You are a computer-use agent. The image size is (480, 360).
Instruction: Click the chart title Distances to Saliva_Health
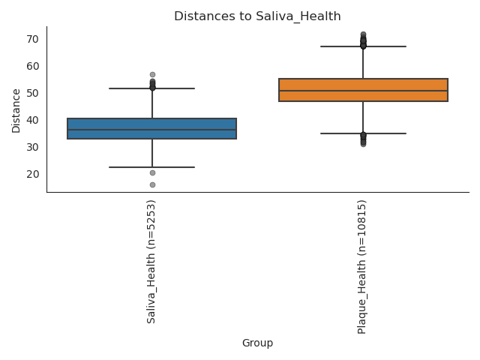[257, 16]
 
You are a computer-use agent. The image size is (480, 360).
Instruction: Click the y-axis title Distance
[16, 109]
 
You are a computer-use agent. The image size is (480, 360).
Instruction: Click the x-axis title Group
[257, 343]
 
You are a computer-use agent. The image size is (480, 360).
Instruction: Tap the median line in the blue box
[152, 130]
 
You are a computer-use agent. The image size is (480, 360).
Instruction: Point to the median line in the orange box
[363, 91]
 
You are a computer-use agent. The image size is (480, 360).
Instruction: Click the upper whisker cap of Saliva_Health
[152, 88]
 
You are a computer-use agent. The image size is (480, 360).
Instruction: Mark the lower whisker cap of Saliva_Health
[152, 167]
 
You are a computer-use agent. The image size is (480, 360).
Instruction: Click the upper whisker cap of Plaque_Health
[363, 46]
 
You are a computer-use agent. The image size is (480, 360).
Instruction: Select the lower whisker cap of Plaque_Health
[363, 133]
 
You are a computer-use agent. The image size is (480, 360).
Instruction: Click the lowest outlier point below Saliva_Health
[152, 184]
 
